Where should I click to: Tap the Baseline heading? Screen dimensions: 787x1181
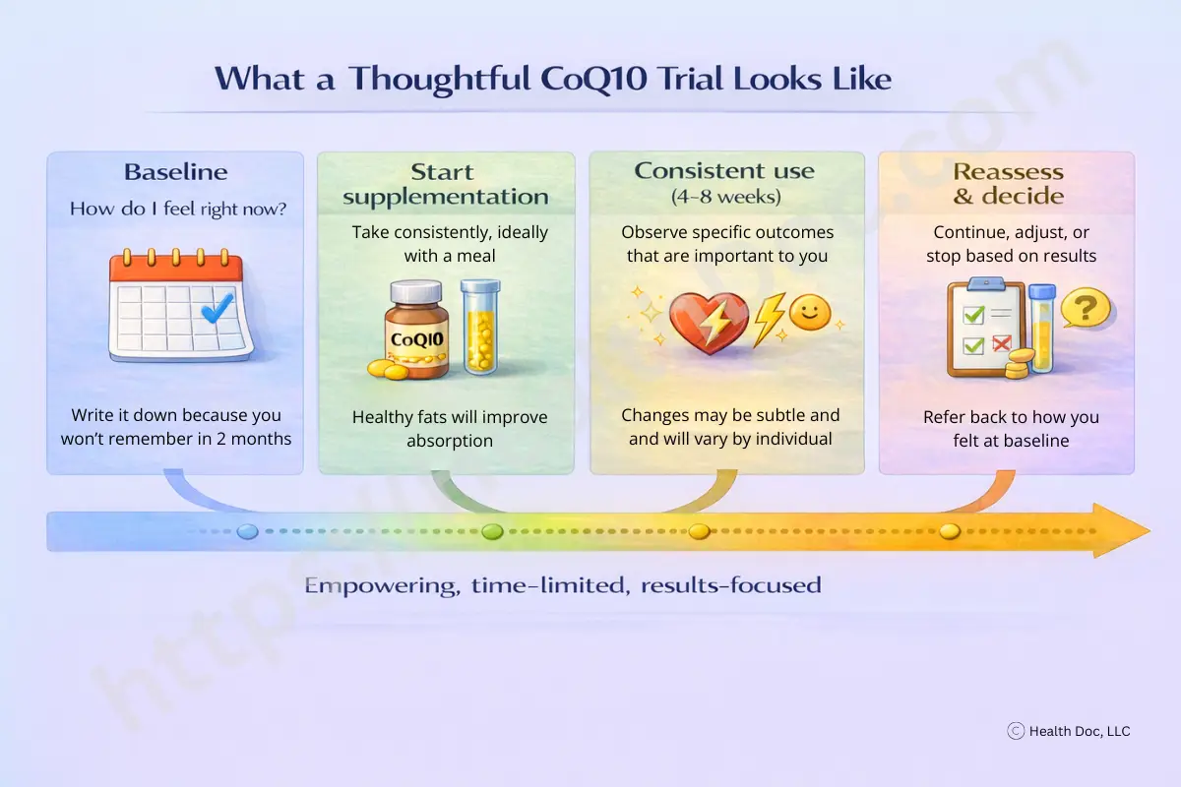point(175,172)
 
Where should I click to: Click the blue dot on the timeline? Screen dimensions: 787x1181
point(248,532)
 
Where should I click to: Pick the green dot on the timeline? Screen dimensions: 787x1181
point(492,532)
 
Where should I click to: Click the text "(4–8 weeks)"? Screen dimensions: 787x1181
point(725,197)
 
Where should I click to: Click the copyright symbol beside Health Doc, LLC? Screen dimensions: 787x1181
point(1016,731)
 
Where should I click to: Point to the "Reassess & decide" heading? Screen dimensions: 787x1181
point(1009,184)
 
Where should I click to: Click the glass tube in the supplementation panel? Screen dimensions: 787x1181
point(480,327)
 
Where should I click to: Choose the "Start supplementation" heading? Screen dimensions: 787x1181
point(446,184)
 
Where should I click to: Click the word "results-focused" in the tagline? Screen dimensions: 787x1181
point(730,585)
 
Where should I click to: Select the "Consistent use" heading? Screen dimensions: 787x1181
point(724,171)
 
